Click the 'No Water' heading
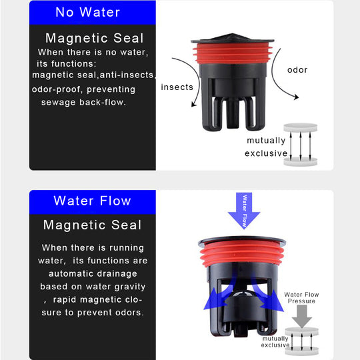[88, 12]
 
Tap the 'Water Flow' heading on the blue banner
[92, 201]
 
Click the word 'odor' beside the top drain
[297, 70]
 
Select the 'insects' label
[177, 87]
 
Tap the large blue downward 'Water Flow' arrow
[244, 211]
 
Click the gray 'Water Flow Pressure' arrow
[302, 317]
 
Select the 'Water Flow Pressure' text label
[301, 298]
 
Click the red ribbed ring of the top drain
[233, 53]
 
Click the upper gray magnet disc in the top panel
[300, 127]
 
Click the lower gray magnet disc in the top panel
[300, 161]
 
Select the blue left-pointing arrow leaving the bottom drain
[218, 294]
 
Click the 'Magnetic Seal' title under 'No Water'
[95, 38]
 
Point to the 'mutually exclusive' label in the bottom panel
[275, 342]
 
